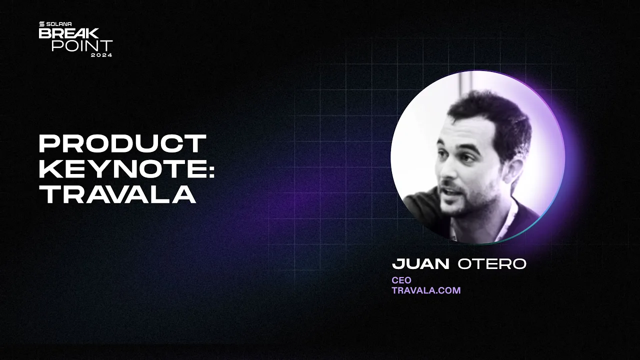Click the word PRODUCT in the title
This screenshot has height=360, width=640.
122,144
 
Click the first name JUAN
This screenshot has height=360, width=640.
420,264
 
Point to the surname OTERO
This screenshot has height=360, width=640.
492,264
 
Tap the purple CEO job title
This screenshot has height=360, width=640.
401,280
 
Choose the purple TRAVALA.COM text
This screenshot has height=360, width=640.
426,290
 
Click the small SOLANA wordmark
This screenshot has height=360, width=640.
59,24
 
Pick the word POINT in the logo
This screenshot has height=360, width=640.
82,45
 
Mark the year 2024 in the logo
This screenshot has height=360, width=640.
101,54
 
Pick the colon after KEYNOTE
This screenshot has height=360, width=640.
210,170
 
